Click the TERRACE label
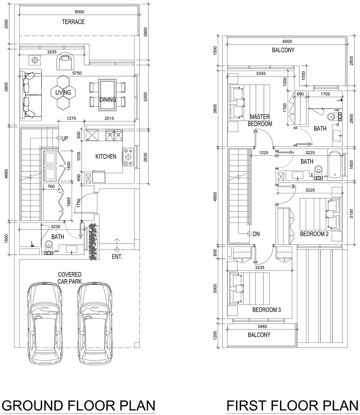[73, 22]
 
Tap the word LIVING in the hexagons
[63, 92]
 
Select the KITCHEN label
[106, 156]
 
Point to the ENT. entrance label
[117, 257]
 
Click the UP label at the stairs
[65, 138]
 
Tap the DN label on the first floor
[256, 234]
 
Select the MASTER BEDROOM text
[260, 120]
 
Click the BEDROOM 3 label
[266, 310]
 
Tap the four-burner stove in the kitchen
[128, 157]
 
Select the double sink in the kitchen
[114, 135]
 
